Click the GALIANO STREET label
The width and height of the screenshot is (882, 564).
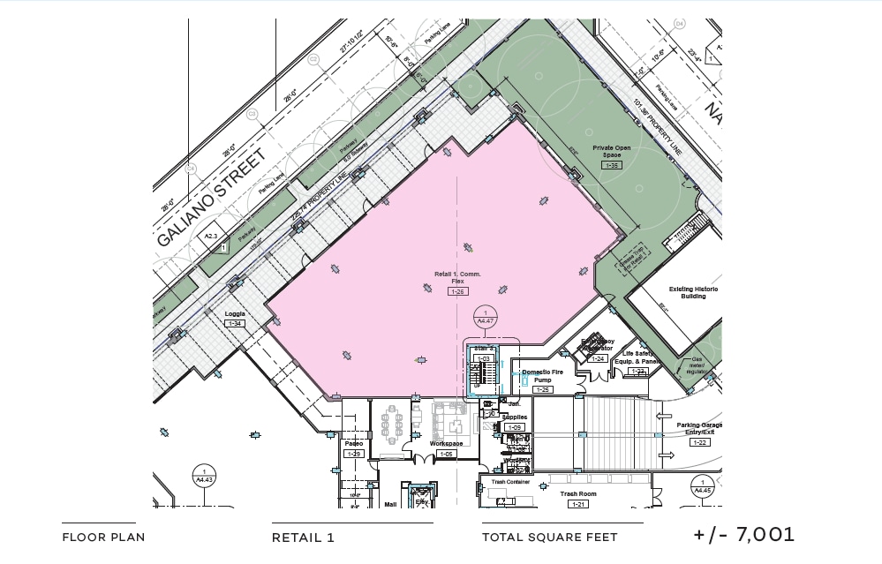click(x=212, y=199)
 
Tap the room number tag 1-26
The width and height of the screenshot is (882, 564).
click(x=457, y=291)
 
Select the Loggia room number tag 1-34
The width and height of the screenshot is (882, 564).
click(x=235, y=324)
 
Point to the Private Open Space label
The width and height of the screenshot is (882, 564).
click(x=612, y=151)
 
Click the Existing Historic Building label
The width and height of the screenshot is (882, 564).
click(x=693, y=292)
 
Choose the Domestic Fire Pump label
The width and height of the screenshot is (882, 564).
click(x=542, y=376)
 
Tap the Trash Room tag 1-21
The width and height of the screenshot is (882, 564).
click(x=578, y=504)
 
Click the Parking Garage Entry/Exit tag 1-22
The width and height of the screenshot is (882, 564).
click(x=699, y=442)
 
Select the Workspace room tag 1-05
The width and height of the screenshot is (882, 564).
click(x=447, y=454)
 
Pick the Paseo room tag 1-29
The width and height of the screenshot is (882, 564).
click(x=354, y=454)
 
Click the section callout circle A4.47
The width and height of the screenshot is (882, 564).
click(x=485, y=317)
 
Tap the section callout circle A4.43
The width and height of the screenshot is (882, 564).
click(x=204, y=477)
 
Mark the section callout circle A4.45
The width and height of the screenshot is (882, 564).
click(x=702, y=486)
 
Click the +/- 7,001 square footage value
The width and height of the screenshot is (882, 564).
click(x=744, y=534)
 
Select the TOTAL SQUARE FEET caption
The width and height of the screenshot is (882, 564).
click(x=550, y=538)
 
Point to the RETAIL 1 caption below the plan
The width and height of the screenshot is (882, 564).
click(x=303, y=538)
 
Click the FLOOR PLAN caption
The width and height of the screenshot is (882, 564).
click(x=103, y=538)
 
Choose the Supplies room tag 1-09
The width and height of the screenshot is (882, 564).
click(x=514, y=427)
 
